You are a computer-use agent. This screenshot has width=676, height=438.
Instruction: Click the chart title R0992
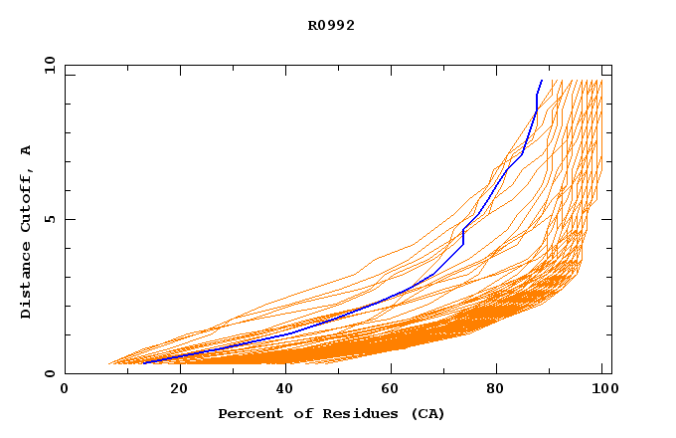(x=331, y=26)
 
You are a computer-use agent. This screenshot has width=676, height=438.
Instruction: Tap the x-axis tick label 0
(x=65, y=389)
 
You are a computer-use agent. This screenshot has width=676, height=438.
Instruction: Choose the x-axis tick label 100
(x=602, y=389)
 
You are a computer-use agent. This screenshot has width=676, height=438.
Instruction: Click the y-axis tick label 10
(x=49, y=65)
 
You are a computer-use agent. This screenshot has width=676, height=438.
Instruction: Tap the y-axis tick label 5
(x=49, y=219)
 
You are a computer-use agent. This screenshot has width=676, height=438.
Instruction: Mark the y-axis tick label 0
(x=49, y=373)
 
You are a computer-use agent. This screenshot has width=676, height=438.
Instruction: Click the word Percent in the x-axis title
(x=246, y=413)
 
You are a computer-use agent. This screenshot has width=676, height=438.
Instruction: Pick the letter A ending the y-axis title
(x=27, y=150)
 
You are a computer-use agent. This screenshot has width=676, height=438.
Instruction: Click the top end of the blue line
(x=542, y=81)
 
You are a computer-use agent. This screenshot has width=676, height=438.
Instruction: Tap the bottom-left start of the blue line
(x=144, y=363)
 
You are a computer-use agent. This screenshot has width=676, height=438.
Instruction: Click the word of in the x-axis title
(x=300, y=413)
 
